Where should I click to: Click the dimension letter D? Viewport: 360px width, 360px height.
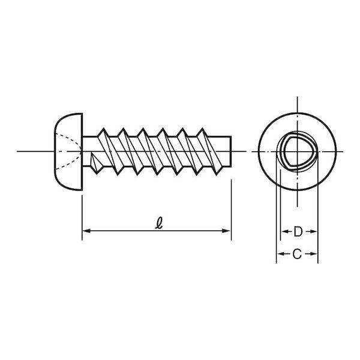pyautogui.click(x=298, y=232)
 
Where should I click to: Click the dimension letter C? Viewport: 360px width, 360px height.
pyautogui.click(x=297, y=254)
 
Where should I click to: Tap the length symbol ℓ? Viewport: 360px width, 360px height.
pyautogui.click(x=159, y=223)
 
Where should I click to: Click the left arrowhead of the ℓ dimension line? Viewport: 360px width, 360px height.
pyautogui.click(x=86, y=231)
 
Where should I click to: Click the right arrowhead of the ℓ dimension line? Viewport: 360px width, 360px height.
pyautogui.click(x=226, y=231)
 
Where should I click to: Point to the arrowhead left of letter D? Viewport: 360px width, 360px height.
pyautogui.click(x=285, y=232)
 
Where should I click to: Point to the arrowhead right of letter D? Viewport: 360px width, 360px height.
pyautogui.click(x=313, y=232)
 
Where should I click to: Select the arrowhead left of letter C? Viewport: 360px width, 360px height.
pyautogui.click(x=281, y=254)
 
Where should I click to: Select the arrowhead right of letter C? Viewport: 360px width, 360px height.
pyautogui.click(x=314, y=254)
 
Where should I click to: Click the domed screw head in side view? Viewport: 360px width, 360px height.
pyautogui.click(x=68, y=152)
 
